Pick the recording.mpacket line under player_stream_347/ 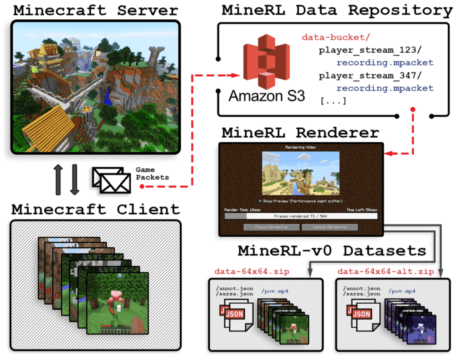[385, 88]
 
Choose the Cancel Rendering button [329, 227]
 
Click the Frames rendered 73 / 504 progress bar [301, 216]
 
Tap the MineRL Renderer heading [300, 133]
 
